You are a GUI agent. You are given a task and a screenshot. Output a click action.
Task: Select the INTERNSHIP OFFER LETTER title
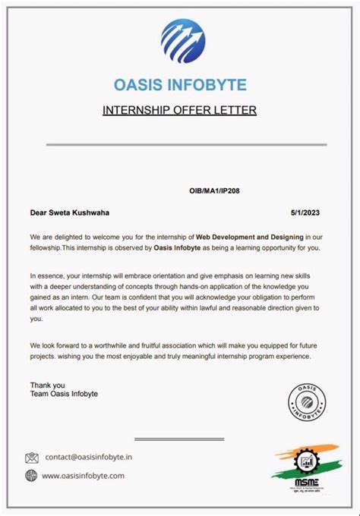click(x=179, y=110)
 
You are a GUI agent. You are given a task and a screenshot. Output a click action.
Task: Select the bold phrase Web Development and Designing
click(x=250, y=238)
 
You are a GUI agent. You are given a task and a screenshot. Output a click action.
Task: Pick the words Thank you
click(x=48, y=385)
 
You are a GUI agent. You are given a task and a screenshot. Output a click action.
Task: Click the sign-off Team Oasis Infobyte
click(x=64, y=394)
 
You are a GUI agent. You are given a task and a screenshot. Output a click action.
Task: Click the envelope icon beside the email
click(x=32, y=458)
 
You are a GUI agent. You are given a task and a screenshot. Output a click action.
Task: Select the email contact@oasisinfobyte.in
click(x=89, y=458)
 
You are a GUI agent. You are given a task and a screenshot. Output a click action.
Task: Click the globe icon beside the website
click(x=32, y=476)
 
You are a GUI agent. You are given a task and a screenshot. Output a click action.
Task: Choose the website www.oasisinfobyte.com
click(x=83, y=476)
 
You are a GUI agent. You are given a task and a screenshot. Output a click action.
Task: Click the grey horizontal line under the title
click(x=185, y=144)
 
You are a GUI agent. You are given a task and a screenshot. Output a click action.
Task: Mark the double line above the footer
click(x=180, y=439)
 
